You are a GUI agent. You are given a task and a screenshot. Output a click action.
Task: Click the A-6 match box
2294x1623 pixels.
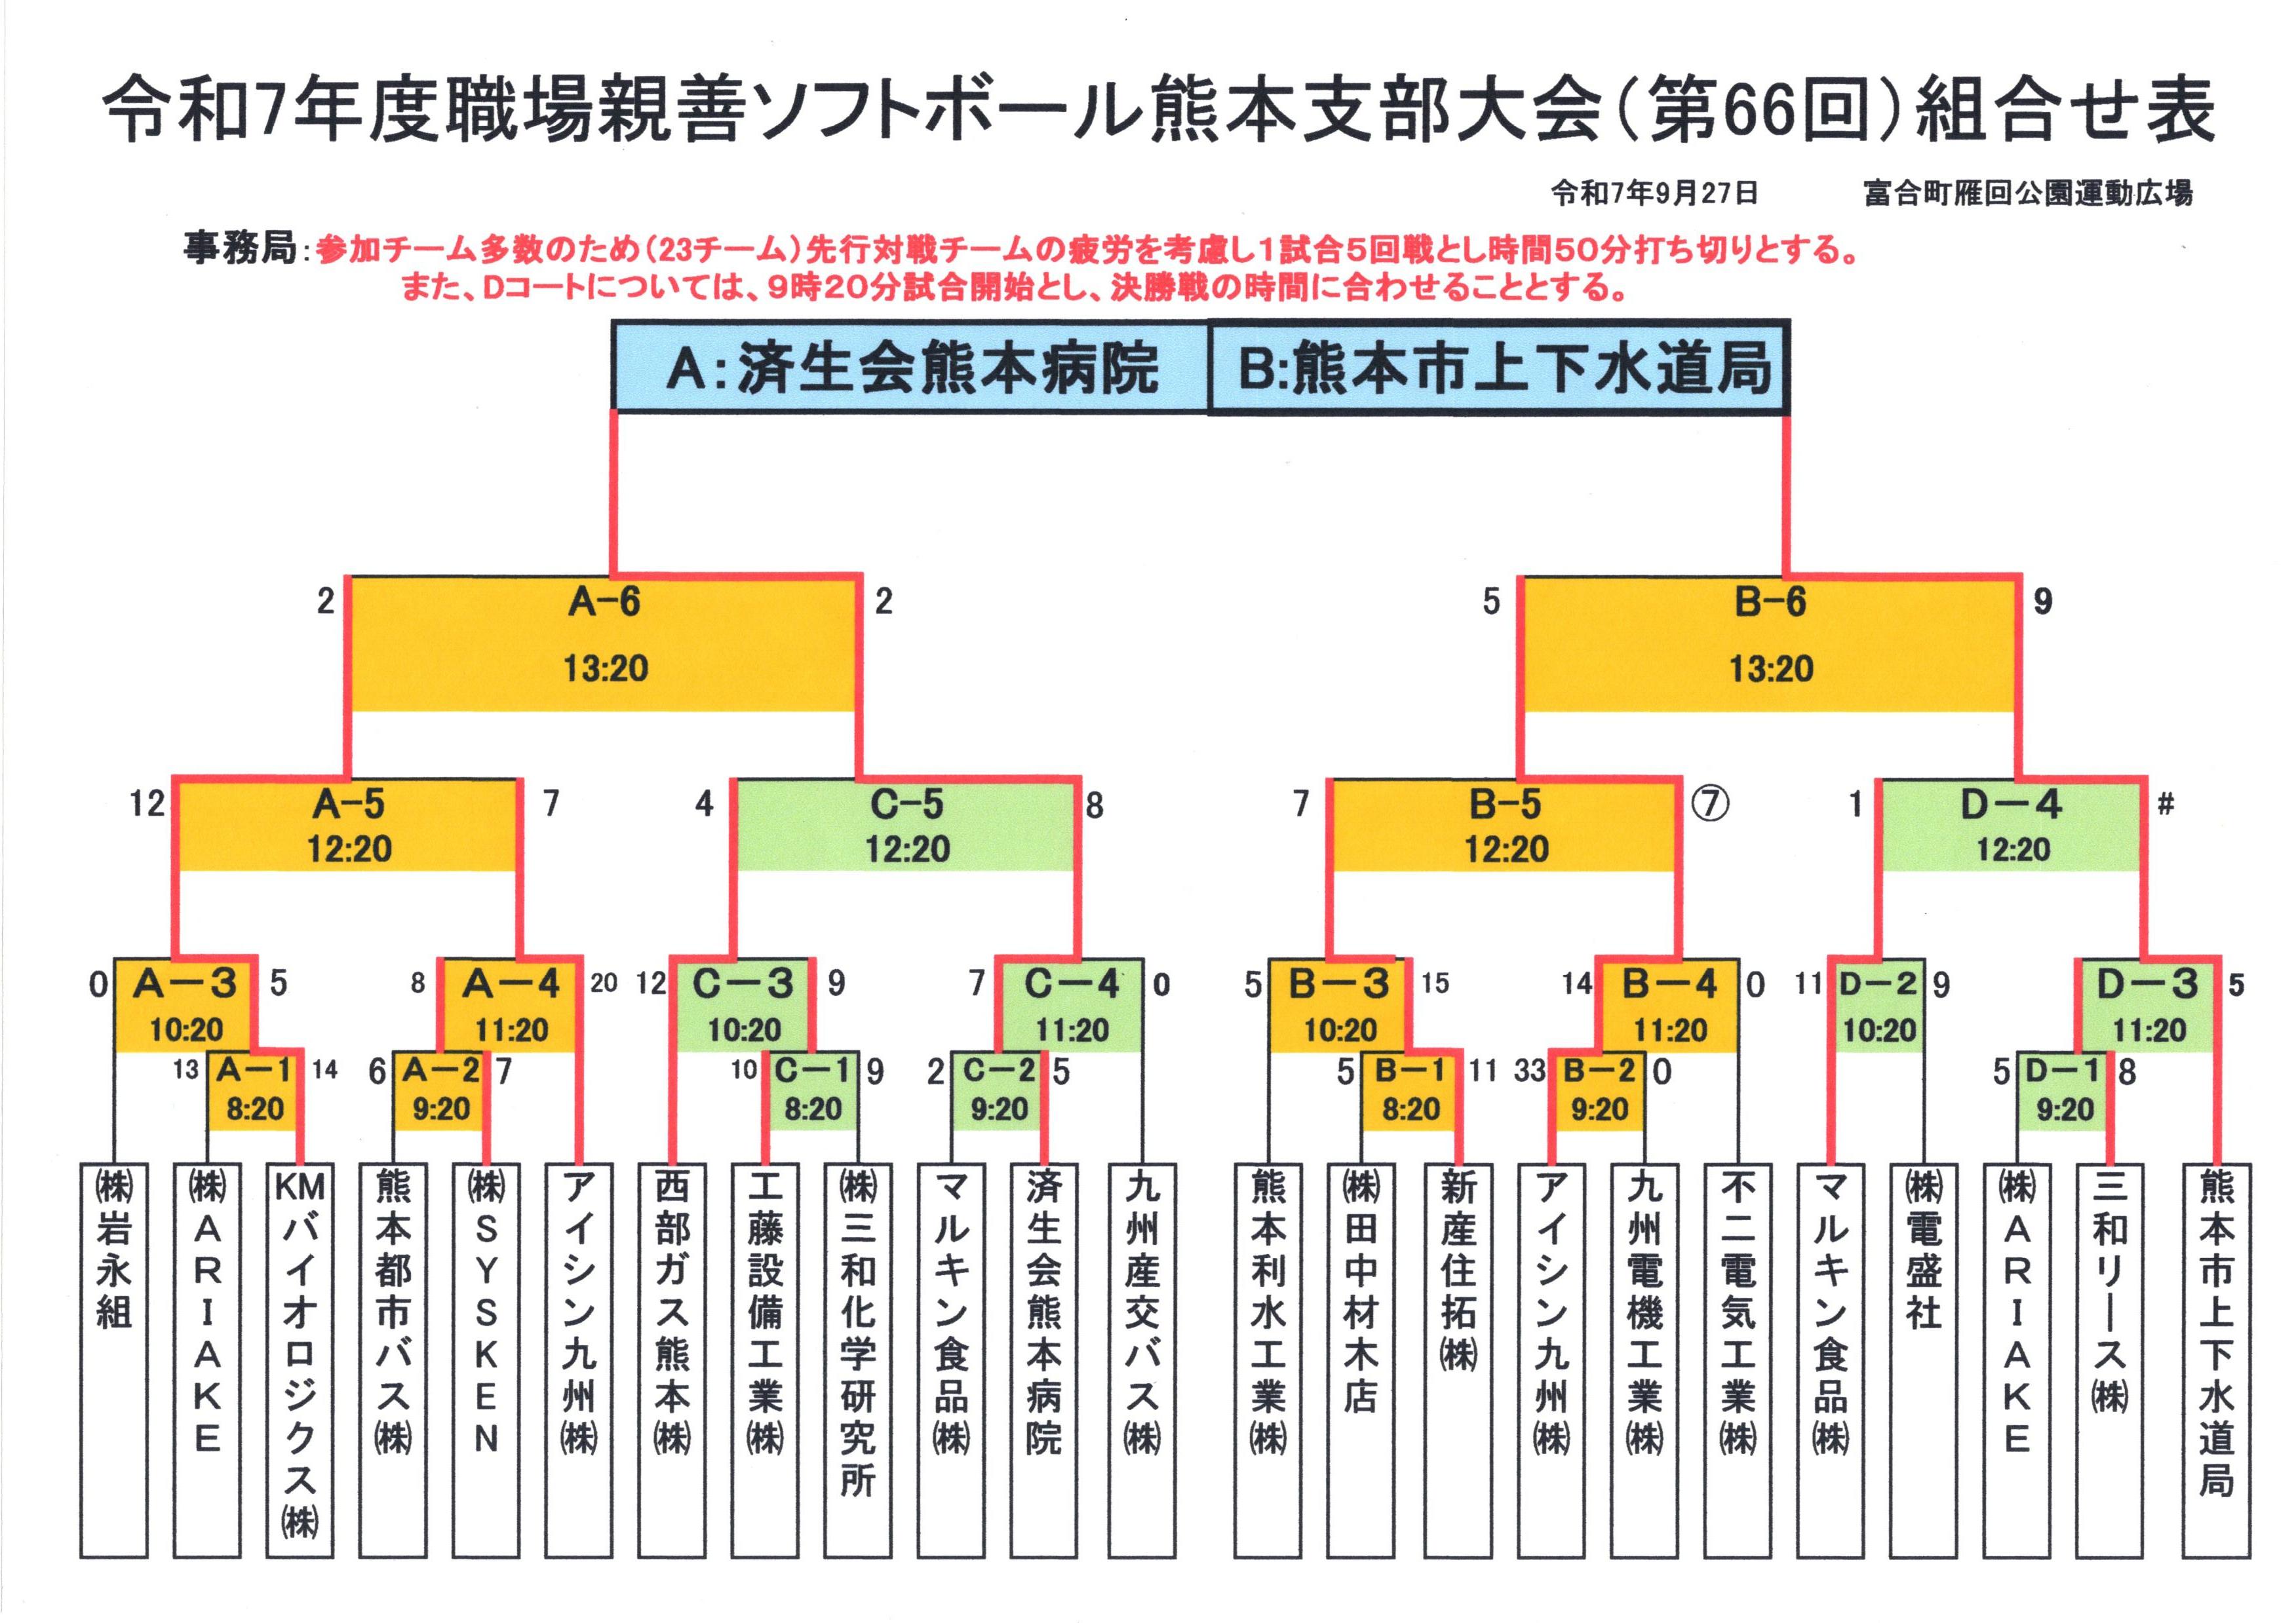(605, 640)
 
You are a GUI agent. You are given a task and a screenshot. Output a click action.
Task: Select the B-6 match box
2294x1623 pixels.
(1769, 640)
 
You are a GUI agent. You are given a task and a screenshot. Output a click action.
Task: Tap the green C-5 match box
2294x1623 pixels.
(906, 824)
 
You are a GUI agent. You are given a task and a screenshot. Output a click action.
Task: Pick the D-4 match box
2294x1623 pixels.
(2011, 824)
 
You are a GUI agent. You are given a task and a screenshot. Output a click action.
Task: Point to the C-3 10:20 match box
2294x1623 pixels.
(744, 1004)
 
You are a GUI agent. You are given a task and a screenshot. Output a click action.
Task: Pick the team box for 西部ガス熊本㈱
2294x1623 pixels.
(672, 1359)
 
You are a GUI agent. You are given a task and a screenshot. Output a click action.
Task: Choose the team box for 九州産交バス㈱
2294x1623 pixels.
(1142, 1359)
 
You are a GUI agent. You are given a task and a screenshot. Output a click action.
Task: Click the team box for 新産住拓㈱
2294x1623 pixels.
(1458, 1359)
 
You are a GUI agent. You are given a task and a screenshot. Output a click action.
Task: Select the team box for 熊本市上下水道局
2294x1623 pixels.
(2215, 1359)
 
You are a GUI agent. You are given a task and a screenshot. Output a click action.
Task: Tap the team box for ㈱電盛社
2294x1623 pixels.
(1923, 1359)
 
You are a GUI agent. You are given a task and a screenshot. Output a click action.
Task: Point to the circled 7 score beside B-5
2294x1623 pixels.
(1710, 803)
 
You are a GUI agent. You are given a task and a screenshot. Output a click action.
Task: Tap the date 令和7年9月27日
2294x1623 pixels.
(1654, 193)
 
